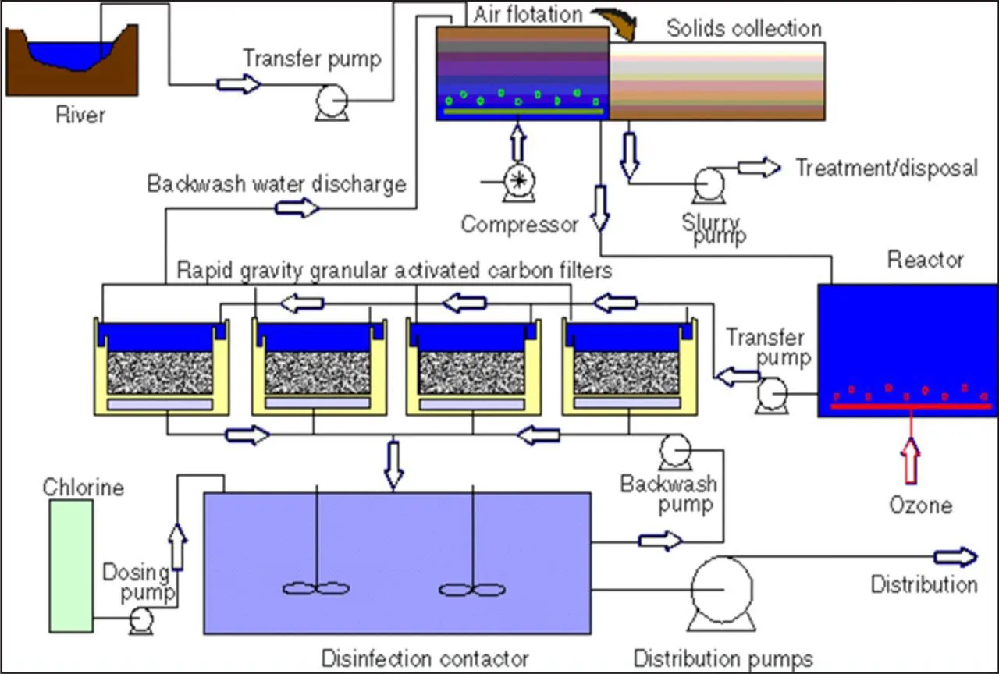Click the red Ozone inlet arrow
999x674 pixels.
click(911, 460)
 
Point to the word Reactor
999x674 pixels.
click(925, 260)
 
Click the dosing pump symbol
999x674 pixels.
click(142, 620)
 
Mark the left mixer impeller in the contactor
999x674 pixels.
click(315, 589)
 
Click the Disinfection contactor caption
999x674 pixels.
click(425, 658)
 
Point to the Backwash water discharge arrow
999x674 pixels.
click(297, 208)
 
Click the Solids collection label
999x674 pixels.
click(744, 29)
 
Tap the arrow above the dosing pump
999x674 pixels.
click(178, 544)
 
